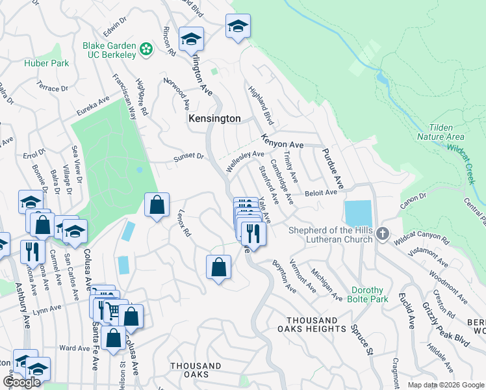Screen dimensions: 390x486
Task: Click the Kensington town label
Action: [214, 119]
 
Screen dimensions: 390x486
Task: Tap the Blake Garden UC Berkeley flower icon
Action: [147, 49]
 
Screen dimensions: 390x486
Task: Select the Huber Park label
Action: [42, 63]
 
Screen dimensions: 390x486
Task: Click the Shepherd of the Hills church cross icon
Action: [383, 234]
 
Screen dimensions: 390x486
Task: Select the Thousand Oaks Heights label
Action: [312, 325]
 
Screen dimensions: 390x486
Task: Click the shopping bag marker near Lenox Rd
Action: [157, 206]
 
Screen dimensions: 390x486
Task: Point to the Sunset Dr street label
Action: [188, 157]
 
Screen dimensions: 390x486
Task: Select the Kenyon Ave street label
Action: [283, 141]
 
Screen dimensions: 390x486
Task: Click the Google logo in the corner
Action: [22, 382]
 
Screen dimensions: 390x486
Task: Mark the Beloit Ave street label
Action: [322, 193]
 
